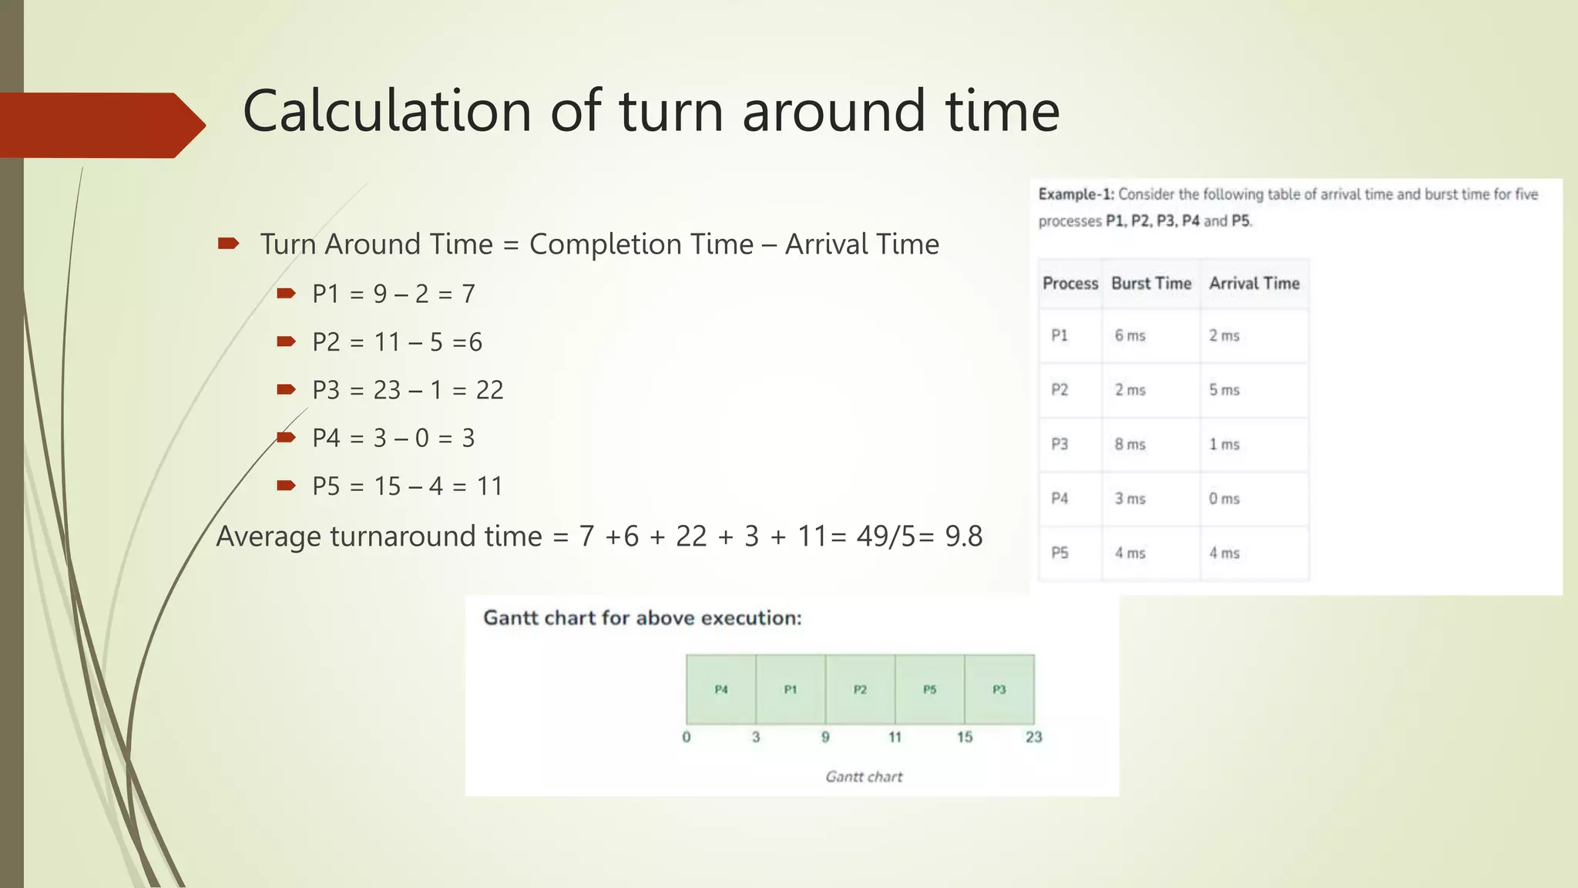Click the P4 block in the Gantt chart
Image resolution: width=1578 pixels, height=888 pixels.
click(721, 689)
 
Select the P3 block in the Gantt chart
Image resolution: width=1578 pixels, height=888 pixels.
click(999, 689)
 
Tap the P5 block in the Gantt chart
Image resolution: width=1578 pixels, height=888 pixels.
click(930, 689)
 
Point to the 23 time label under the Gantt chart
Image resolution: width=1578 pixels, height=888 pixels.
click(1033, 737)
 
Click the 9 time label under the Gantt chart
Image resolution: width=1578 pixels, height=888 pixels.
click(825, 737)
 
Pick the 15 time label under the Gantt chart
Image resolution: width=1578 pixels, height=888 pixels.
click(965, 737)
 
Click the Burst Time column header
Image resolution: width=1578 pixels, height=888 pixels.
click(1151, 284)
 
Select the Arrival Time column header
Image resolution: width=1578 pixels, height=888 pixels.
click(1254, 284)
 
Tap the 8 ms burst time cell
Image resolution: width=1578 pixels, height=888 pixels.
click(1130, 445)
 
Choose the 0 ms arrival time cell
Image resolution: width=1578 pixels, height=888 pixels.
click(1224, 499)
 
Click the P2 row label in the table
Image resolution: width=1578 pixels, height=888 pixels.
click(1060, 390)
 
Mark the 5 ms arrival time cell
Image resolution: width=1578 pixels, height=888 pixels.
click(1224, 390)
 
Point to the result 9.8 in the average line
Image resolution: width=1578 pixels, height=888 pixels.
click(964, 536)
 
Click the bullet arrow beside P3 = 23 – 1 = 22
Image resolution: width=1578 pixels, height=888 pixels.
click(286, 389)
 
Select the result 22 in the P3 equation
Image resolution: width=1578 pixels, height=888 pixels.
click(489, 390)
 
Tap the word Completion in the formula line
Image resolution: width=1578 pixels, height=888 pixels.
click(641, 245)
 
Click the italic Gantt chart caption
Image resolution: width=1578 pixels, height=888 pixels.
click(864, 777)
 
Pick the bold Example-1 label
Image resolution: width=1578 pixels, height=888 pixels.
click(1076, 194)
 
